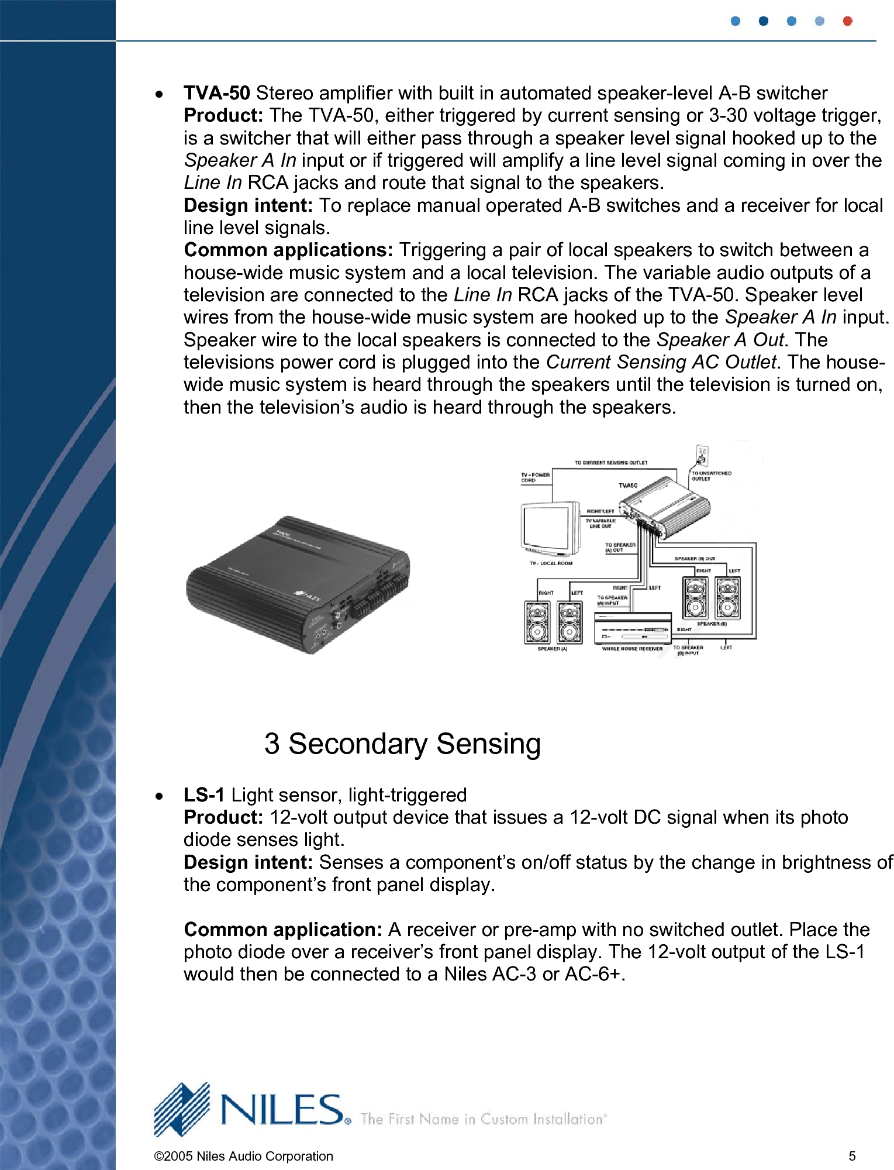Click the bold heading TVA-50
216,93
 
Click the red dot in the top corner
847,21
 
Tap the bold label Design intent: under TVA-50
248,205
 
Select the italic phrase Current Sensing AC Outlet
661,362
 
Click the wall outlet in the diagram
702,455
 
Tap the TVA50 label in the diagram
628,486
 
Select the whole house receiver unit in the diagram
632,629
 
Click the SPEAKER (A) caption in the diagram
552,649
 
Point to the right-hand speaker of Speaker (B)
727,598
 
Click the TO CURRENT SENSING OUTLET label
610,463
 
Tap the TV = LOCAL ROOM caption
551,563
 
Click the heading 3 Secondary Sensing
402,744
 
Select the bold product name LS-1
203,795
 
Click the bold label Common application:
283,930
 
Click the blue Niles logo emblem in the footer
182,1109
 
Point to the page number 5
852,1156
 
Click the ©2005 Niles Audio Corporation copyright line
243,1156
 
